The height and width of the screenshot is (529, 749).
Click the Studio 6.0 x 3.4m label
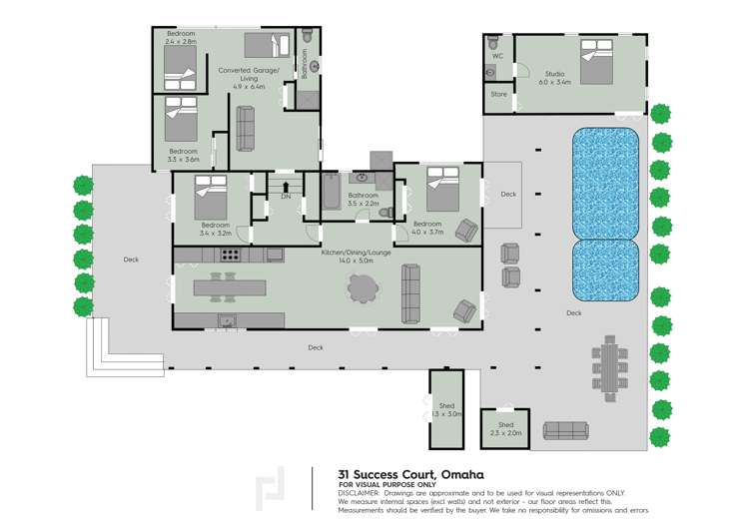tap(555, 77)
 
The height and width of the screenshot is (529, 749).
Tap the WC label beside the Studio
tap(496, 57)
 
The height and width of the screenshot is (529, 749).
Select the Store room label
tap(498, 94)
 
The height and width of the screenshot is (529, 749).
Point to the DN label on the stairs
tap(286, 197)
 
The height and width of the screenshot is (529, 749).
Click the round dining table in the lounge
tap(364, 288)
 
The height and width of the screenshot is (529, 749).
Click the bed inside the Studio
tap(596, 61)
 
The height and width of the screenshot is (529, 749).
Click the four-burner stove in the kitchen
tap(230, 256)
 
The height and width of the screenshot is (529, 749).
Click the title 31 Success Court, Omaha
tap(375, 474)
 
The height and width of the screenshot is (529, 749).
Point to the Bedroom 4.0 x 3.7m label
tap(427, 227)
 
